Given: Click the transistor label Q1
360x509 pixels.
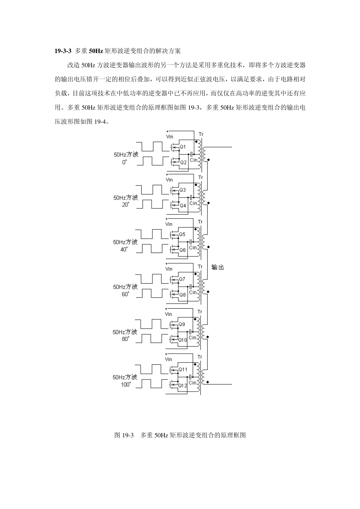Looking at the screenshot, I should [x=183, y=147].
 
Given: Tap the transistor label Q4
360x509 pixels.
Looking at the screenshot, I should [x=183, y=206].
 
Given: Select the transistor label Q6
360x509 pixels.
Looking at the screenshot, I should [x=182, y=250].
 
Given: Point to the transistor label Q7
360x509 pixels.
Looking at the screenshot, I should [x=182, y=279].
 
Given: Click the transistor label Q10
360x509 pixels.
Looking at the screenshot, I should [x=183, y=340].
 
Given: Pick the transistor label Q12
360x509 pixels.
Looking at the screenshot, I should [x=183, y=385].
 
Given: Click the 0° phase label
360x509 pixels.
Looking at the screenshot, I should [x=125, y=162].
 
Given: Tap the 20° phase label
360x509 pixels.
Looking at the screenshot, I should [x=125, y=205].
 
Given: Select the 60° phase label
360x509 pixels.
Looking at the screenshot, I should [x=125, y=294].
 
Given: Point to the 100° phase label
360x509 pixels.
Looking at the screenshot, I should [x=126, y=384].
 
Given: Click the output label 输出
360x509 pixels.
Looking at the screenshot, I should [x=218, y=267].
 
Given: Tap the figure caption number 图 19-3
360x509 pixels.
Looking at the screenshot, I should [x=124, y=435].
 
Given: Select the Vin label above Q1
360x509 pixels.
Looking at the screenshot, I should [x=169, y=136].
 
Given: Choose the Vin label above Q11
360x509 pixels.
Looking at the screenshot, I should [x=168, y=359].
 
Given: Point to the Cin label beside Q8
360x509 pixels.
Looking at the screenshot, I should [x=193, y=292].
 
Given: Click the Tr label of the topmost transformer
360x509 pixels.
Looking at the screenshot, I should [x=200, y=134].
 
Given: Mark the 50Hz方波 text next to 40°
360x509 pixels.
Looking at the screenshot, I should [x=125, y=242].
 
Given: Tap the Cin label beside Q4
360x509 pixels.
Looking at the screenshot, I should [x=193, y=203].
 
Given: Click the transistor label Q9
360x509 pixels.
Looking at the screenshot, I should [x=182, y=324].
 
